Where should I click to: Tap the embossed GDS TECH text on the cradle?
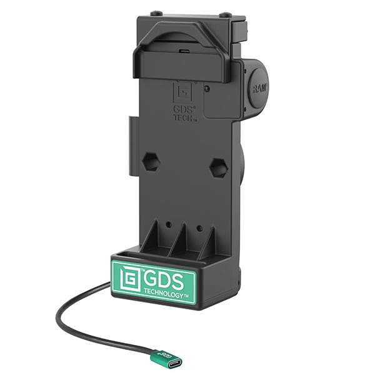[x=185, y=111]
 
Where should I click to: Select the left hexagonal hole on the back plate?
[x=151, y=161]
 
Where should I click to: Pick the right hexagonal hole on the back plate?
[x=217, y=167]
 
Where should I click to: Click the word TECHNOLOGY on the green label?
[x=165, y=293]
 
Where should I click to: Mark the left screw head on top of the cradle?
[x=155, y=12]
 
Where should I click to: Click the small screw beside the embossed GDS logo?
[x=207, y=89]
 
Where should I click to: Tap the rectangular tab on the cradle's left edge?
[x=133, y=144]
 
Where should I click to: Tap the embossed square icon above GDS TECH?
[x=182, y=91]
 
